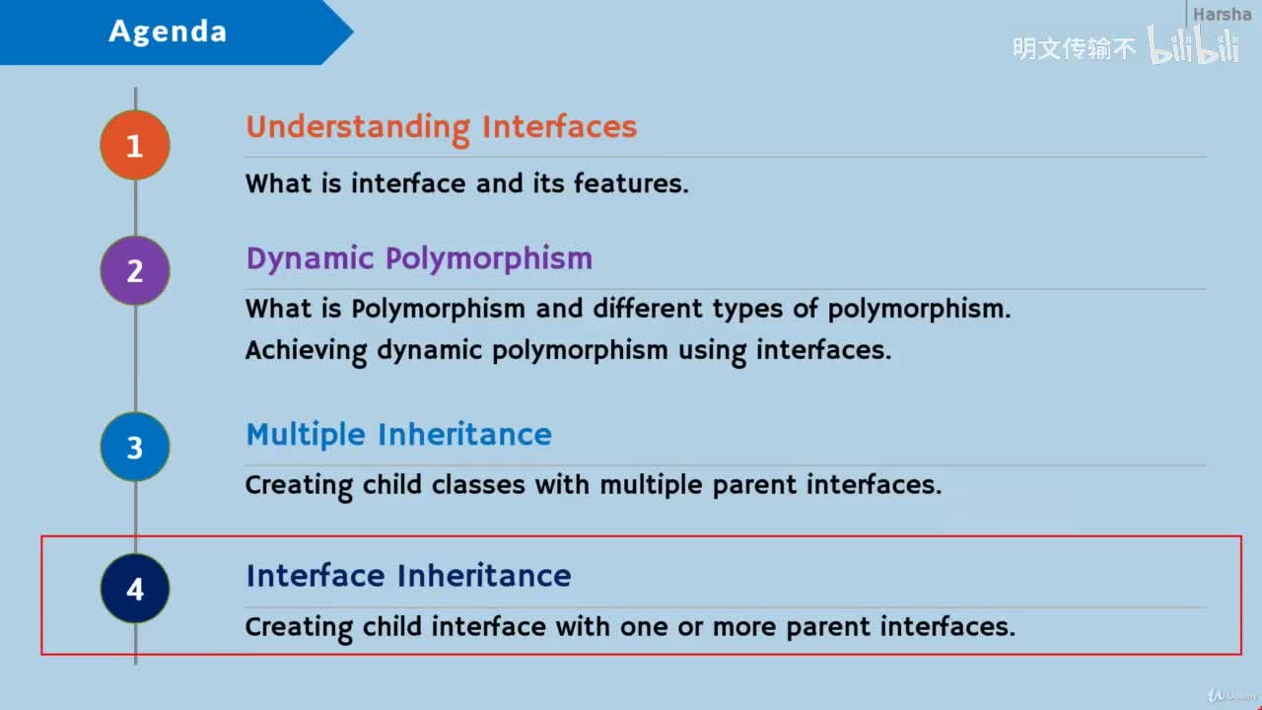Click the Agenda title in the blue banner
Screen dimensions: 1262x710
pos(168,32)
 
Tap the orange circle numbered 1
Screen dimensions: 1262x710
pos(135,145)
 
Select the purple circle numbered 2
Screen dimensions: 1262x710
pos(135,271)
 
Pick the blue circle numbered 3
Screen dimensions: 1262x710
pos(135,447)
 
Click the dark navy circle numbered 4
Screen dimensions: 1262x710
pos(135,589)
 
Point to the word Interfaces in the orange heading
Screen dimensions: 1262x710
pos(559,126)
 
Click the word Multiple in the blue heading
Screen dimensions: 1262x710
pos(306,436)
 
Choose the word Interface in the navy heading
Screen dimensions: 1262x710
pos(315,575)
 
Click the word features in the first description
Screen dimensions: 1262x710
pos(631,183)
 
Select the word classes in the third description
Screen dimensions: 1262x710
pos(478,484)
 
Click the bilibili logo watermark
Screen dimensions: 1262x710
pos(1193,44)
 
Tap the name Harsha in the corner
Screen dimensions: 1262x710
pos(1222,14)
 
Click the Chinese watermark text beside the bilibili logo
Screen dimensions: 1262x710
pos(1074,48)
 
